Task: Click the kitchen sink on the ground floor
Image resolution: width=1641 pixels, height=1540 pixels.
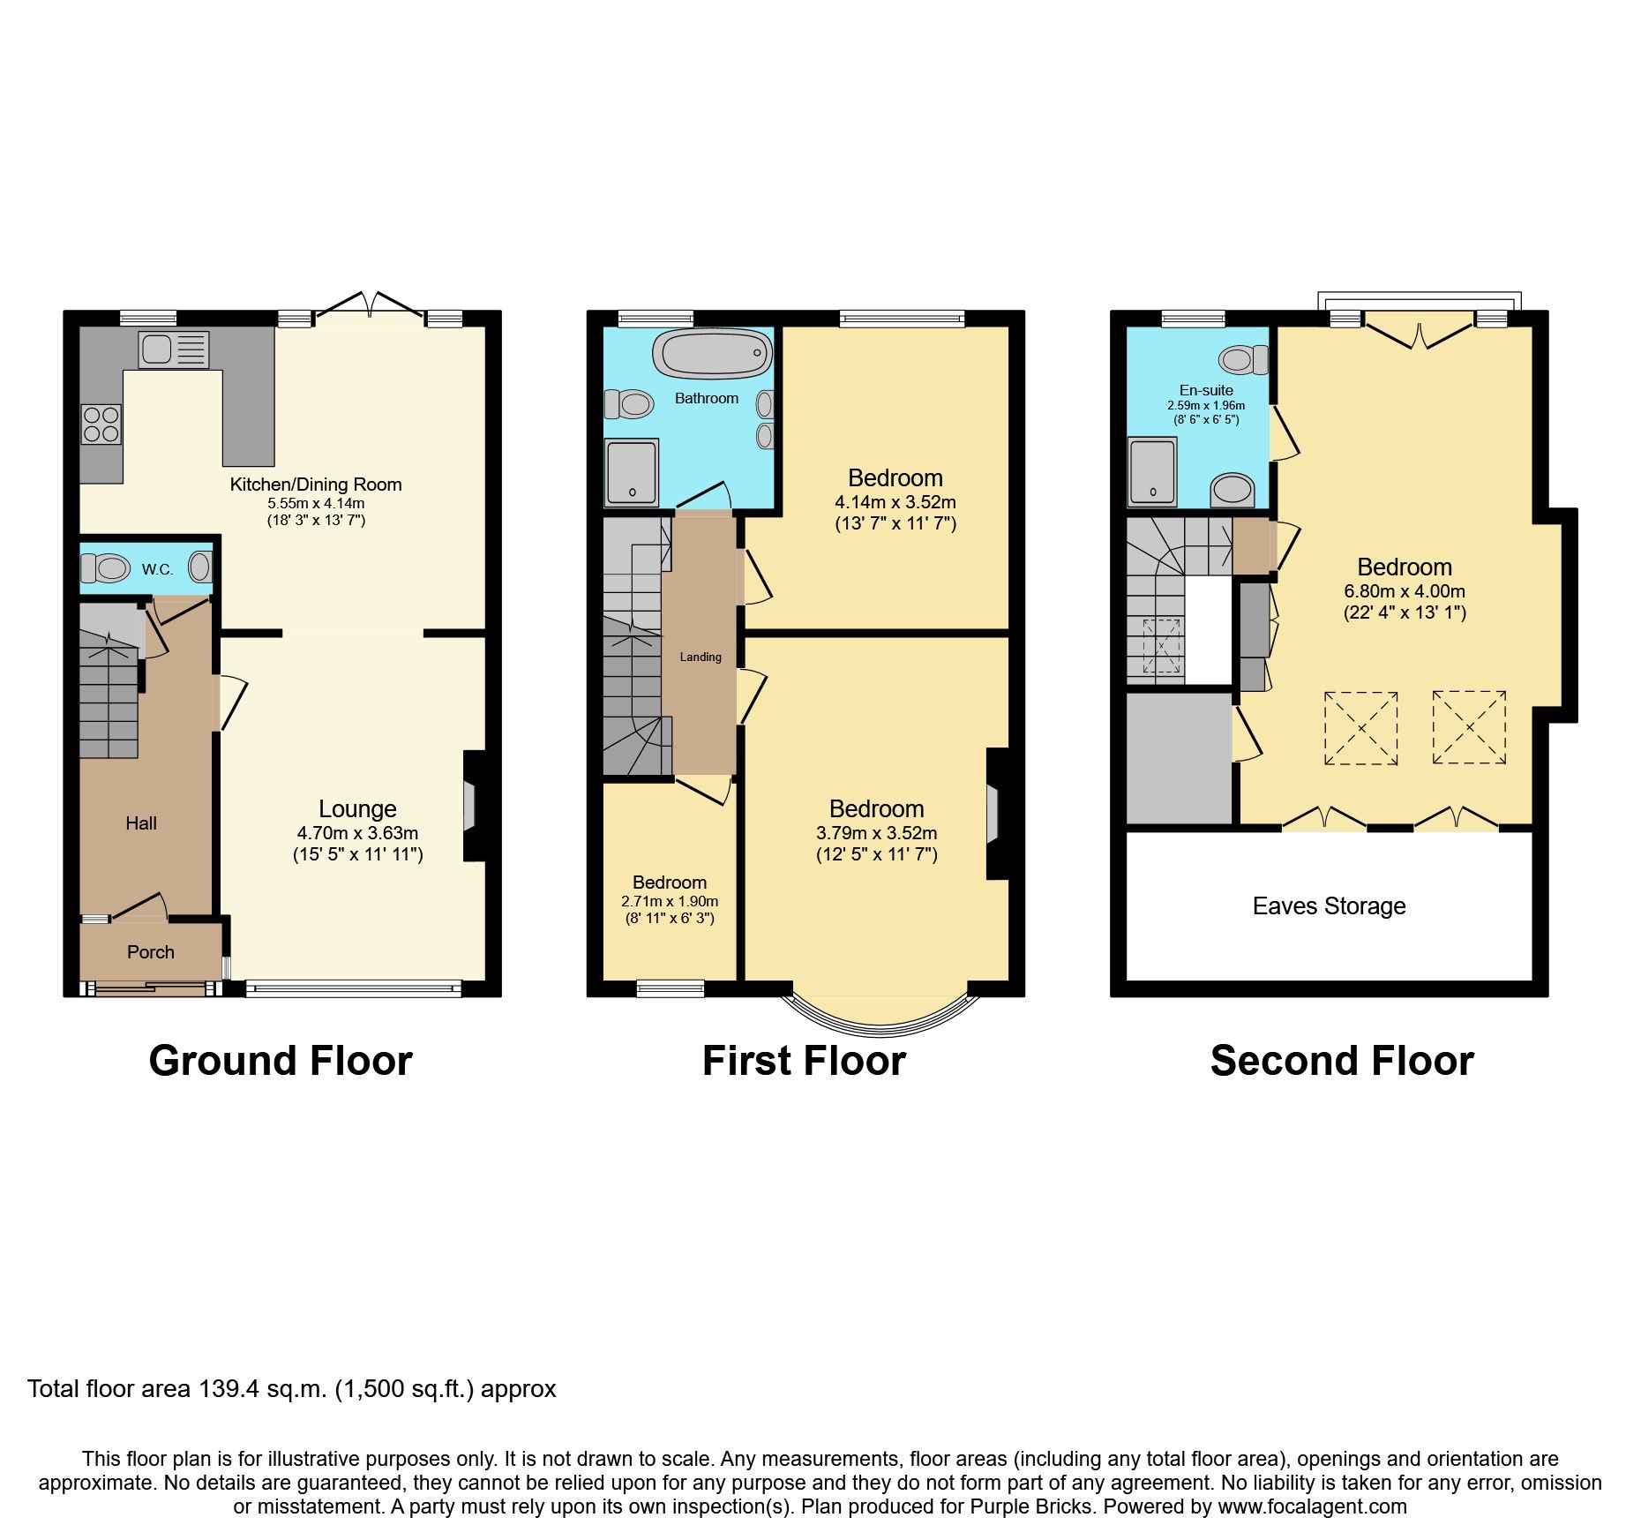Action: (173, 350)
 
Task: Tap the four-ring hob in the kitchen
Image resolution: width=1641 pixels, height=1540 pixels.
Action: (101, 424)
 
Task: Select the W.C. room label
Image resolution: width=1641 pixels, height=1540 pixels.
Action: (158, 569)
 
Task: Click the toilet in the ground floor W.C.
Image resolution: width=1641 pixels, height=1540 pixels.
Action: (109, 567)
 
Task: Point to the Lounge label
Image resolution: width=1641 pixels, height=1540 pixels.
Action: (357, 809)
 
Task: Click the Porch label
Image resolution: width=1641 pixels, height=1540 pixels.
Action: (151, 952)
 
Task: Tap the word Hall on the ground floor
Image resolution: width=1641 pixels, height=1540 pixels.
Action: (141, 823)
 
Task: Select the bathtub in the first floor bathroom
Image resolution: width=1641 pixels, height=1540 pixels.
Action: (712, 354)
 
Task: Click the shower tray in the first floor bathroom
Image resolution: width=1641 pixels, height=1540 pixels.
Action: (631, 472)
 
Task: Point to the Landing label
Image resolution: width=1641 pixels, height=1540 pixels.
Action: (701, 657)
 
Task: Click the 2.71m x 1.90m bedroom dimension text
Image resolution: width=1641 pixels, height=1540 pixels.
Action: (670, 902)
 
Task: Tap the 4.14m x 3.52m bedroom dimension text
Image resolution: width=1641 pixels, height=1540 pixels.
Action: (895, 502)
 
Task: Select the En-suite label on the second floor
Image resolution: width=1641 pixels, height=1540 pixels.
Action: (1206, 390)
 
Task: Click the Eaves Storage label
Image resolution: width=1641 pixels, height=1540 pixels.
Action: (1329, 906)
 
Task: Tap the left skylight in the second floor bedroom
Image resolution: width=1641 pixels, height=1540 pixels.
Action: (1360, 728)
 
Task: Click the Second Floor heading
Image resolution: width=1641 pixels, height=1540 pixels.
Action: (1341, 1061)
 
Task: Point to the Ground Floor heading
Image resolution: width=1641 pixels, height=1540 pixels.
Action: (281, 1061)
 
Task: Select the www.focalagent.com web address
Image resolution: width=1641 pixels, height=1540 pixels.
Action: (1312, 1506)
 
